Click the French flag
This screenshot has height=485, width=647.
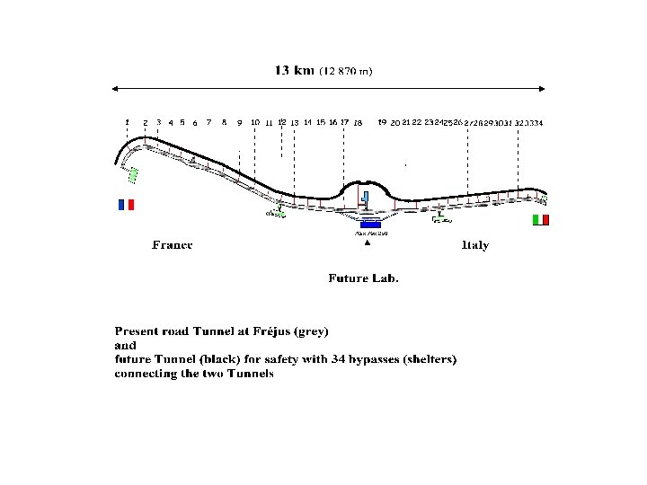126,205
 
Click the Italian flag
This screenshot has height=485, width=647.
540,220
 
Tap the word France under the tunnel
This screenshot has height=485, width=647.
173,245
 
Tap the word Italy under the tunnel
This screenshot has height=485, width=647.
475,245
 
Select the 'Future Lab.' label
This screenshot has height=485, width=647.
363,278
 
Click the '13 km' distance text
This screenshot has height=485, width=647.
294,71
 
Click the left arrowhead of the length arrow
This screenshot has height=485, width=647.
115,88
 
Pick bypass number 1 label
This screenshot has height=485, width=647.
128,121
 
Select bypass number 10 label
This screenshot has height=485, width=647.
255,122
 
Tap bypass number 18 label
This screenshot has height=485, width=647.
358,123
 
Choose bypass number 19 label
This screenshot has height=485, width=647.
382,121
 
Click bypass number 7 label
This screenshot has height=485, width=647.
208,121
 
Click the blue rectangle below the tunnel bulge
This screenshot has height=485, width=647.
370,224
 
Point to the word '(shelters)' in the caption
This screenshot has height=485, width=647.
425,359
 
